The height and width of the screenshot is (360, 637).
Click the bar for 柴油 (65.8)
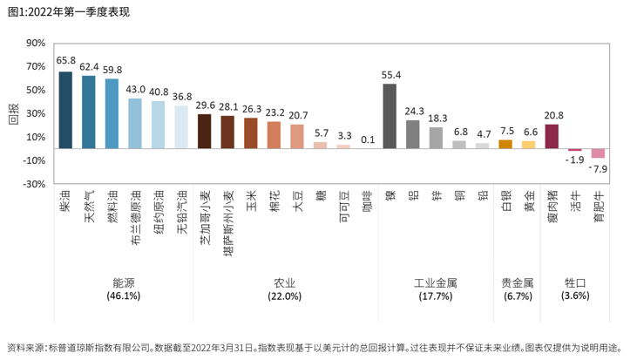point(65,110)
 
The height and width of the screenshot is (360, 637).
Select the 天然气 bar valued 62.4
point(89,112)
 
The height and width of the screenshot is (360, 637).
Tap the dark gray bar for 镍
point(390,116)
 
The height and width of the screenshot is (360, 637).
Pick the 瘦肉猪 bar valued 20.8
point(552,136)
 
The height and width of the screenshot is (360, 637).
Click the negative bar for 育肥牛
point(598,153)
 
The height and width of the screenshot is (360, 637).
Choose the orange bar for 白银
point(505,144)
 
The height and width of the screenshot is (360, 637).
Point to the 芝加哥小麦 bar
point(205,131)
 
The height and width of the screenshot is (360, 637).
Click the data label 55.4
point(390,75)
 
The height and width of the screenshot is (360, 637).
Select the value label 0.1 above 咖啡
point(367,139)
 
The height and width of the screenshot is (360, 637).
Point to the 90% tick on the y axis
point(36,43)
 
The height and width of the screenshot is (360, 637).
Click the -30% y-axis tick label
point(34,184)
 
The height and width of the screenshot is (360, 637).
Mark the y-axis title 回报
point(12,113)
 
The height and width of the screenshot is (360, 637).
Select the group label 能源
point(123,282)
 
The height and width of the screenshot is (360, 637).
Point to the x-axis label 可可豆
point(344,207)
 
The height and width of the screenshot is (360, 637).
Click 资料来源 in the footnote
point(24,347)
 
